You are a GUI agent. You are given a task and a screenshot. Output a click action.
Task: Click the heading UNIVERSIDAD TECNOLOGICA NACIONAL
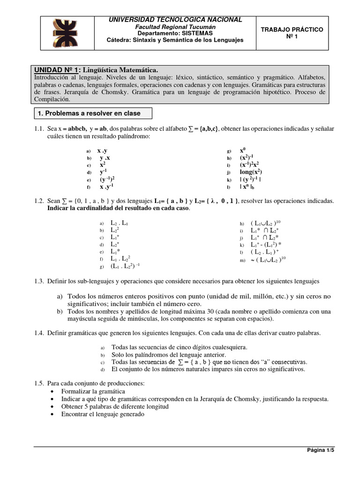click(175, 20)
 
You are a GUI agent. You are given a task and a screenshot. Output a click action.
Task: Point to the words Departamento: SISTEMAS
click(175, 33)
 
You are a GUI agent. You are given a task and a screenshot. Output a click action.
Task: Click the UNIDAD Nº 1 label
click(58, 69)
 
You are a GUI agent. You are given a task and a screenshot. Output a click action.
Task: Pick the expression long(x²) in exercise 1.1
click(251, 172)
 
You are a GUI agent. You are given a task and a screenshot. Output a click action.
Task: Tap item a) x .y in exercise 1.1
click(102, 151)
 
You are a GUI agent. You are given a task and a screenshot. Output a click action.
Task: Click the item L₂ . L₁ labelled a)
click(120, 224)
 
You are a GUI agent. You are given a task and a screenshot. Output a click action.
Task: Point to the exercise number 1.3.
click(39, 281)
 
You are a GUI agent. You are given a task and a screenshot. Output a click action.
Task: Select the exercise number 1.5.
click(39, 383)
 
